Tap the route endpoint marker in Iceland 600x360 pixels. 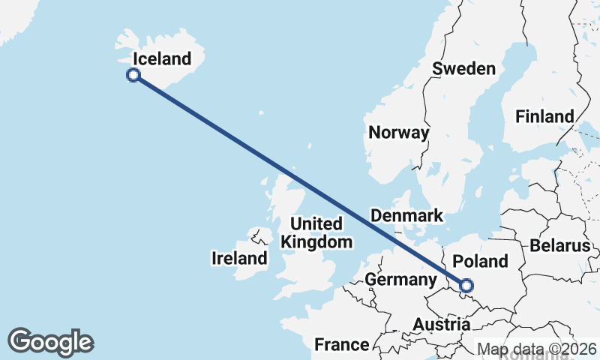click(x=133, y=75)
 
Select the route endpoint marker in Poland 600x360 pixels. click(x=466, y=286)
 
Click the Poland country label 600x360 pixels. click(x=481, y=262)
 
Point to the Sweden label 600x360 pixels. click(x=464, y=69)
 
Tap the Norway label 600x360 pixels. click(x=398, y=133)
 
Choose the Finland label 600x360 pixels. click(x=544, y=117)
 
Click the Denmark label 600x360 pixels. click(x=407, y=216)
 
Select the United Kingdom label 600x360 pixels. click(x=316, y=232)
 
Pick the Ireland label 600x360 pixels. click(x=239, y=259)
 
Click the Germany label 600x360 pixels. click(x=400, y=280)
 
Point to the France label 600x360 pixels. click(x=342, y=345)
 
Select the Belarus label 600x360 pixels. click(x=560, y=246)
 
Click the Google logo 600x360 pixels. click(x=50, y=342)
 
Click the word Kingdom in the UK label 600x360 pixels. click(x=316, y=241)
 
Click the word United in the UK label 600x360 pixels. click(x=316, y=223)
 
